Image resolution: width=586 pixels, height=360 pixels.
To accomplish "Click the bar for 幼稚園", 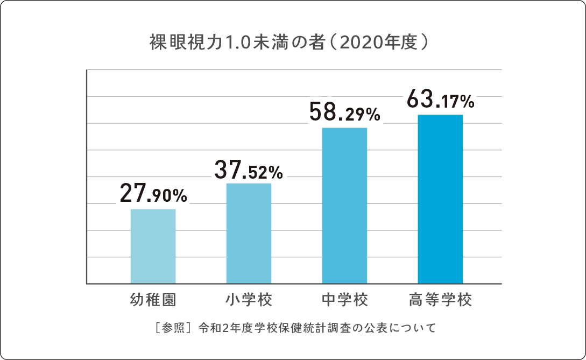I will pos(153,246).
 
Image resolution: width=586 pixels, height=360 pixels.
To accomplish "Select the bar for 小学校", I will pos(249,233).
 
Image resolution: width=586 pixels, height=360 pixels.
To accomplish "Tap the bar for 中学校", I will pos(344,205).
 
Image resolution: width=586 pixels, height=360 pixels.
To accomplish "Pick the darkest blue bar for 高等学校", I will pos(440,199).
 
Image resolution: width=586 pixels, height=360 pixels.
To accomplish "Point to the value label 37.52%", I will pos(248,170).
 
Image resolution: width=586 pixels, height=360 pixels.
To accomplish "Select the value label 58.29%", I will pos(344,113).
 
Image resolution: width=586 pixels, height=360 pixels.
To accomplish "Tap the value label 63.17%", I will pos(440,100).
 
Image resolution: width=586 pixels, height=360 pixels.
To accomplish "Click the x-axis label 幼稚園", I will pos(153,300).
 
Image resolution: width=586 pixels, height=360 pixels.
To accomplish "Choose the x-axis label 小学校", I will pos(249,300).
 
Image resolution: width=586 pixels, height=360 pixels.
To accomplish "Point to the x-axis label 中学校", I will pos(344,300).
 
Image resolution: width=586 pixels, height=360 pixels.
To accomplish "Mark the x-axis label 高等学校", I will pos(440,300).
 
